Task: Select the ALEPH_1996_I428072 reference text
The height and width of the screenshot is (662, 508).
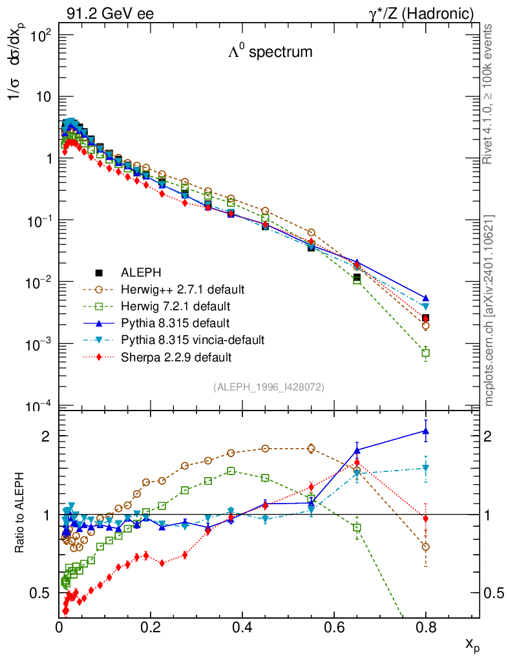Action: click(268, 387)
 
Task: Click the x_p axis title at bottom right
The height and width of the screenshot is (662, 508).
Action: click(472, 645)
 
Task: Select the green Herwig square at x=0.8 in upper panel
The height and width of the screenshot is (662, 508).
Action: click(425, 353)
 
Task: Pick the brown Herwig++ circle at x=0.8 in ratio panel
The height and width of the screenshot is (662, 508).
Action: click(425, 547)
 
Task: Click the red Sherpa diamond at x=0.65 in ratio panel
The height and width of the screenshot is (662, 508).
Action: click(357, 462)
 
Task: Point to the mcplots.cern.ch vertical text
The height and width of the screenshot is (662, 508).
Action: click(490, 310)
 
